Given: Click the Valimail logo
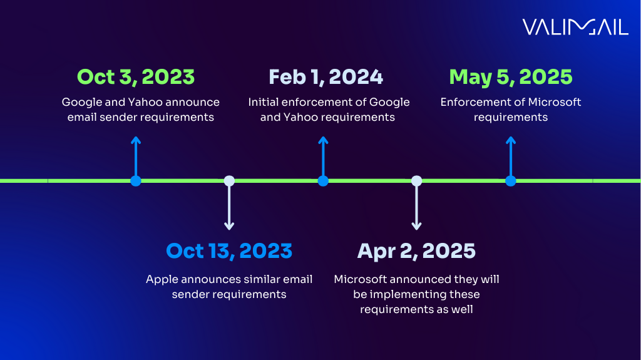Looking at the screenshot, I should click(x=575, y=27).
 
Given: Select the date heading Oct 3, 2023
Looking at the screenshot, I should click(x=136, y=77).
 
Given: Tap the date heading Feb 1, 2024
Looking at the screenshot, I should click(x=326, y=77).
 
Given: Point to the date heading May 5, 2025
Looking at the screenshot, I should click(x=511, y=77).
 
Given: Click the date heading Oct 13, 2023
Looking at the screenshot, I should click(x=229, y=251).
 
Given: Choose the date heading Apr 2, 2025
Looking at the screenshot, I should click(x=416, y=251).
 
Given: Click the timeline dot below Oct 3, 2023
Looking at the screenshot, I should click(x=136, y=181).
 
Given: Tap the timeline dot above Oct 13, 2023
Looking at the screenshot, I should click(x=229, y=181).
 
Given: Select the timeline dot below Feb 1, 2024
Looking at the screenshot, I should click(x=323, y=181).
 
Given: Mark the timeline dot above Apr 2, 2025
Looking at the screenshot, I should click(x=416, y=181).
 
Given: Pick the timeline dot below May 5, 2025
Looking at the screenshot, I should click(x=511, y=181).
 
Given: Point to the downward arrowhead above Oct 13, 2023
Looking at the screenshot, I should click(x=229, y=225).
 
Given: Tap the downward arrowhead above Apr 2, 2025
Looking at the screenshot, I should click(x=416, y=225).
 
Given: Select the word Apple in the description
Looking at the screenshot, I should click(x=162, y=279).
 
